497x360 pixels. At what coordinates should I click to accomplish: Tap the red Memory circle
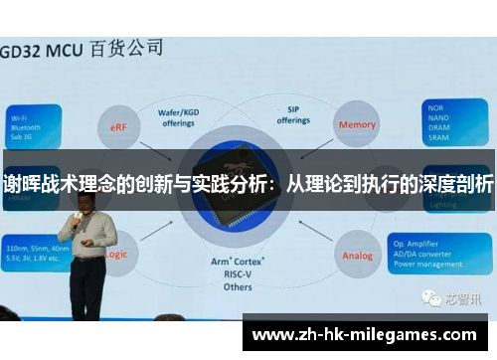click(x=357, y=125)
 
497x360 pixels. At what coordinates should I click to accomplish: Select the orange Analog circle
click(x=357, y=255)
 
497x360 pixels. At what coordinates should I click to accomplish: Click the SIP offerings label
click(x=293, y=115)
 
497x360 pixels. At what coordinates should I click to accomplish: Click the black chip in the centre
click(x=238, y=189)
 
